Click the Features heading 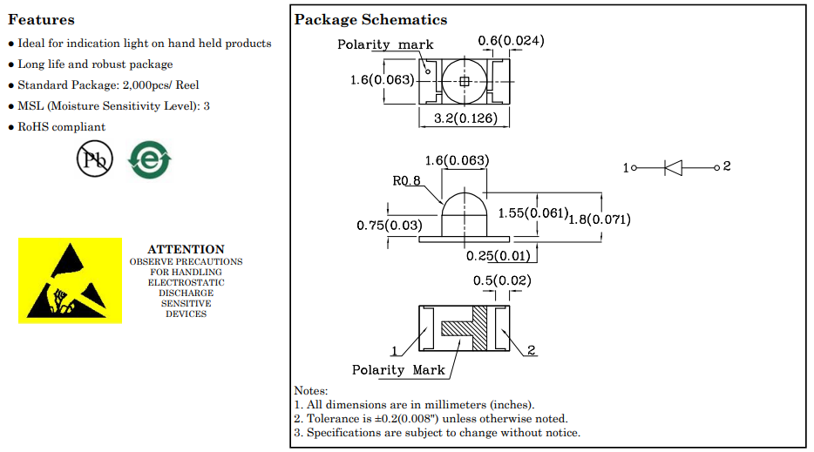pos(42,20)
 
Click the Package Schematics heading pos(370,20)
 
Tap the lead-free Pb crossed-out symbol pos(94,159)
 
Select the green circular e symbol pos(150,160)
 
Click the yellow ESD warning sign pos(70,280)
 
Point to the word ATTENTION pos(186,249)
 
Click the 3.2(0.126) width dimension pos(465,118)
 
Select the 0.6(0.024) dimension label pos(511,40)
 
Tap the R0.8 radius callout pos(406,180)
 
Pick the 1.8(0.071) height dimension pos(600,219)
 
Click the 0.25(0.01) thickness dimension pos(499,256)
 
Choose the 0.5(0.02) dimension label pos(502,280)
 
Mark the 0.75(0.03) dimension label pos(390,226)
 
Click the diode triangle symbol pos(674,167)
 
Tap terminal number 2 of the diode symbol pos(727,166)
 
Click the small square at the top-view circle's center pos(465,82)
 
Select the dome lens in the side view pos(465,213)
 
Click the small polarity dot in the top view pos(428,71)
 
